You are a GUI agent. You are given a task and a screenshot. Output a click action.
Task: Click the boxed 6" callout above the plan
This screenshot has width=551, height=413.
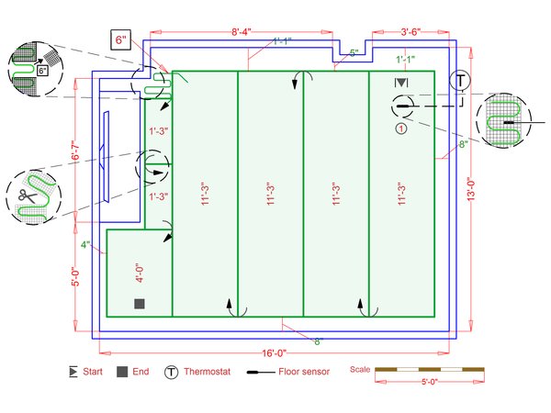pyautogui.click(x=120, y=39)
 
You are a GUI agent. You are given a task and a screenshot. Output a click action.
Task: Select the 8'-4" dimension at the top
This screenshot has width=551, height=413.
pyautogui.click(x=241, y=32)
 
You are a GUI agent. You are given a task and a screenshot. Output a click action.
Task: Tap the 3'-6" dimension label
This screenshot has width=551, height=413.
pyautogui.click(x=410, y=32)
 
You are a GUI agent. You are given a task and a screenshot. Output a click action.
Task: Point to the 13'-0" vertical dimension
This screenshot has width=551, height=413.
pyautogui.click(x=470, y=189)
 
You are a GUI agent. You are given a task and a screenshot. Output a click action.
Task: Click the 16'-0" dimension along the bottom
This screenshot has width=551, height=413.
pyautogui.click(x=274, y=353)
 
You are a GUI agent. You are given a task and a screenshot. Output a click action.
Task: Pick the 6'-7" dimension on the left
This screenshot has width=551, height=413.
pyautogui.click(x=75, y=151)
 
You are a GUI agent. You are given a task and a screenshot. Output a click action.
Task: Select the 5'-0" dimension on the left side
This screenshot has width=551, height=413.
pyautogui.click(x=75, y=277)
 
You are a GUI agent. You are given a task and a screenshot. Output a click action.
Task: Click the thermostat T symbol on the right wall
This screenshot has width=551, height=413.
pyautogui.click(x=460, y=81)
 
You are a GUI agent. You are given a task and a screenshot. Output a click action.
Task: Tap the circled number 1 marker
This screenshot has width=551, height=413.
pyautogui.click(x=401, y=128)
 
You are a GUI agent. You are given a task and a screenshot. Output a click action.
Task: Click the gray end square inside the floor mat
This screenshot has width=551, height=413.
pyautogui.click(x=140, y=304)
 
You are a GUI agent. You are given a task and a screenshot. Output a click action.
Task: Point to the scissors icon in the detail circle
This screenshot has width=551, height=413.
pyautogui.click(x=28, y=195)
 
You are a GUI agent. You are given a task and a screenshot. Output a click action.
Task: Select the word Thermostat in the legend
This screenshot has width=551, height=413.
pyautogui.click(x=207, y=372)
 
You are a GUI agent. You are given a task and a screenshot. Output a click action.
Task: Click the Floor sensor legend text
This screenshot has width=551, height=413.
pyautogui.click(x=304, y=372)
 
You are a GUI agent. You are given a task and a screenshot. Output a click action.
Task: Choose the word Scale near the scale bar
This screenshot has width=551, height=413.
pyautogui.click(x=360, y=370)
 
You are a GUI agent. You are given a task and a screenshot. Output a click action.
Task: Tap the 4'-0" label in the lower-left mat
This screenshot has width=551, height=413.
pyautogui.click(x=140, y=273)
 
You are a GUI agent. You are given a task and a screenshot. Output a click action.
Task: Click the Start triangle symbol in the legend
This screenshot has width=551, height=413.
pyautogui.click(x=73, y=372)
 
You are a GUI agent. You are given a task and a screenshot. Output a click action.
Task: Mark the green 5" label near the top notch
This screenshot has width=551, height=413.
pyautogui.click(x=354, y=53)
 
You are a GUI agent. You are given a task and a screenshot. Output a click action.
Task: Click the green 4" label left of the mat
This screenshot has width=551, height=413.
pyautogui.click(x=85, y=245)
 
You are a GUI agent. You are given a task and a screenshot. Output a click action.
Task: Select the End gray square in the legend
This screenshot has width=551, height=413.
pyautogui.click(x=122, y=372)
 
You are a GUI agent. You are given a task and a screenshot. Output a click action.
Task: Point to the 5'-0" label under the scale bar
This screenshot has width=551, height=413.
pyautogui.click(x=430, y=382)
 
